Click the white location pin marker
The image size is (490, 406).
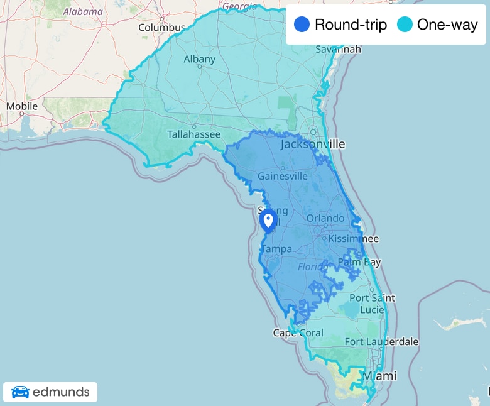point(268,221)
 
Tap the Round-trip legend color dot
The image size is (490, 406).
point(302,25)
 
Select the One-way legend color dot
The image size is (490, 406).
point(405,25)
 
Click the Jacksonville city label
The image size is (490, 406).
point(313,144)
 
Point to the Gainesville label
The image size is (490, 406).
point(283,176)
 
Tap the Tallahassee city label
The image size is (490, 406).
point(193,134)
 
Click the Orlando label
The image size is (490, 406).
point(325,218)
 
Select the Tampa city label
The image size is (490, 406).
point(276,250)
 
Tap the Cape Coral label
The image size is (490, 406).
point(298,332)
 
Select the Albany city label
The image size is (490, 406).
point(200,59)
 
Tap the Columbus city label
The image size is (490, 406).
point(162,28)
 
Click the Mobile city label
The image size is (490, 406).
point(22,106)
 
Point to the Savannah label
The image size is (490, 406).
point(339,48)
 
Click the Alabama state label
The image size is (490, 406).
point(83,11)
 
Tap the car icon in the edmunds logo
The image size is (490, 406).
point(20,392)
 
